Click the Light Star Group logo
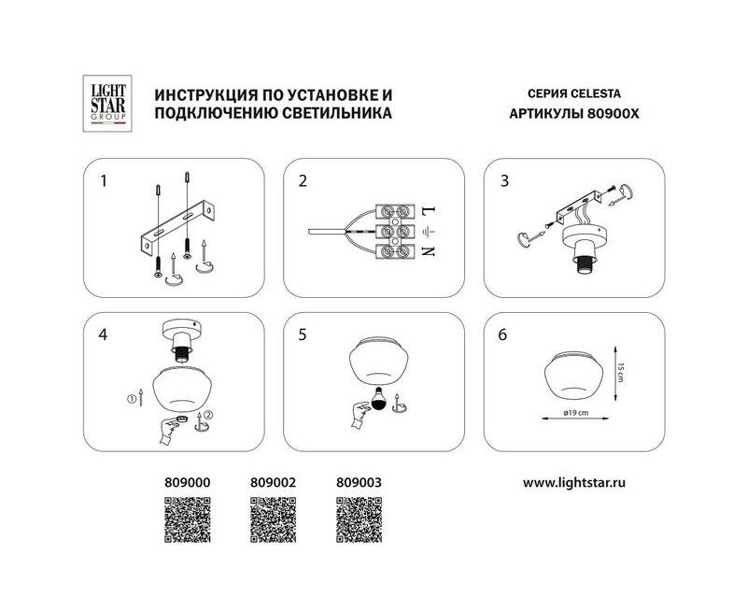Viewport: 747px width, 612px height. pos(107,104)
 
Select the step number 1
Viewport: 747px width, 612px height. pos(104,181)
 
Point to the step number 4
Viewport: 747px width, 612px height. pos(103,334)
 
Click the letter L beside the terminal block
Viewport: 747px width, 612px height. pos(429,209)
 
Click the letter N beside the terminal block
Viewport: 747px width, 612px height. pos(429,250)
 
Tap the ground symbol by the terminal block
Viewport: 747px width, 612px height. pos(429,232)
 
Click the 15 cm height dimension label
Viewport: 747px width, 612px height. pos(621,373)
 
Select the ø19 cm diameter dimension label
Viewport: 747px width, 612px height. pos(576,413)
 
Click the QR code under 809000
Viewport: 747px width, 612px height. pos(188,520)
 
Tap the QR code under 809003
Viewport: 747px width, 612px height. pos(359,520)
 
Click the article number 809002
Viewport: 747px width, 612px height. pos(273,483)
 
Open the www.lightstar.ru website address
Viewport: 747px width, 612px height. pos(574,483)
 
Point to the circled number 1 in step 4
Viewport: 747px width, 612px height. pos(132,399)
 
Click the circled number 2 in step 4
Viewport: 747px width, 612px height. pos(208,415)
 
